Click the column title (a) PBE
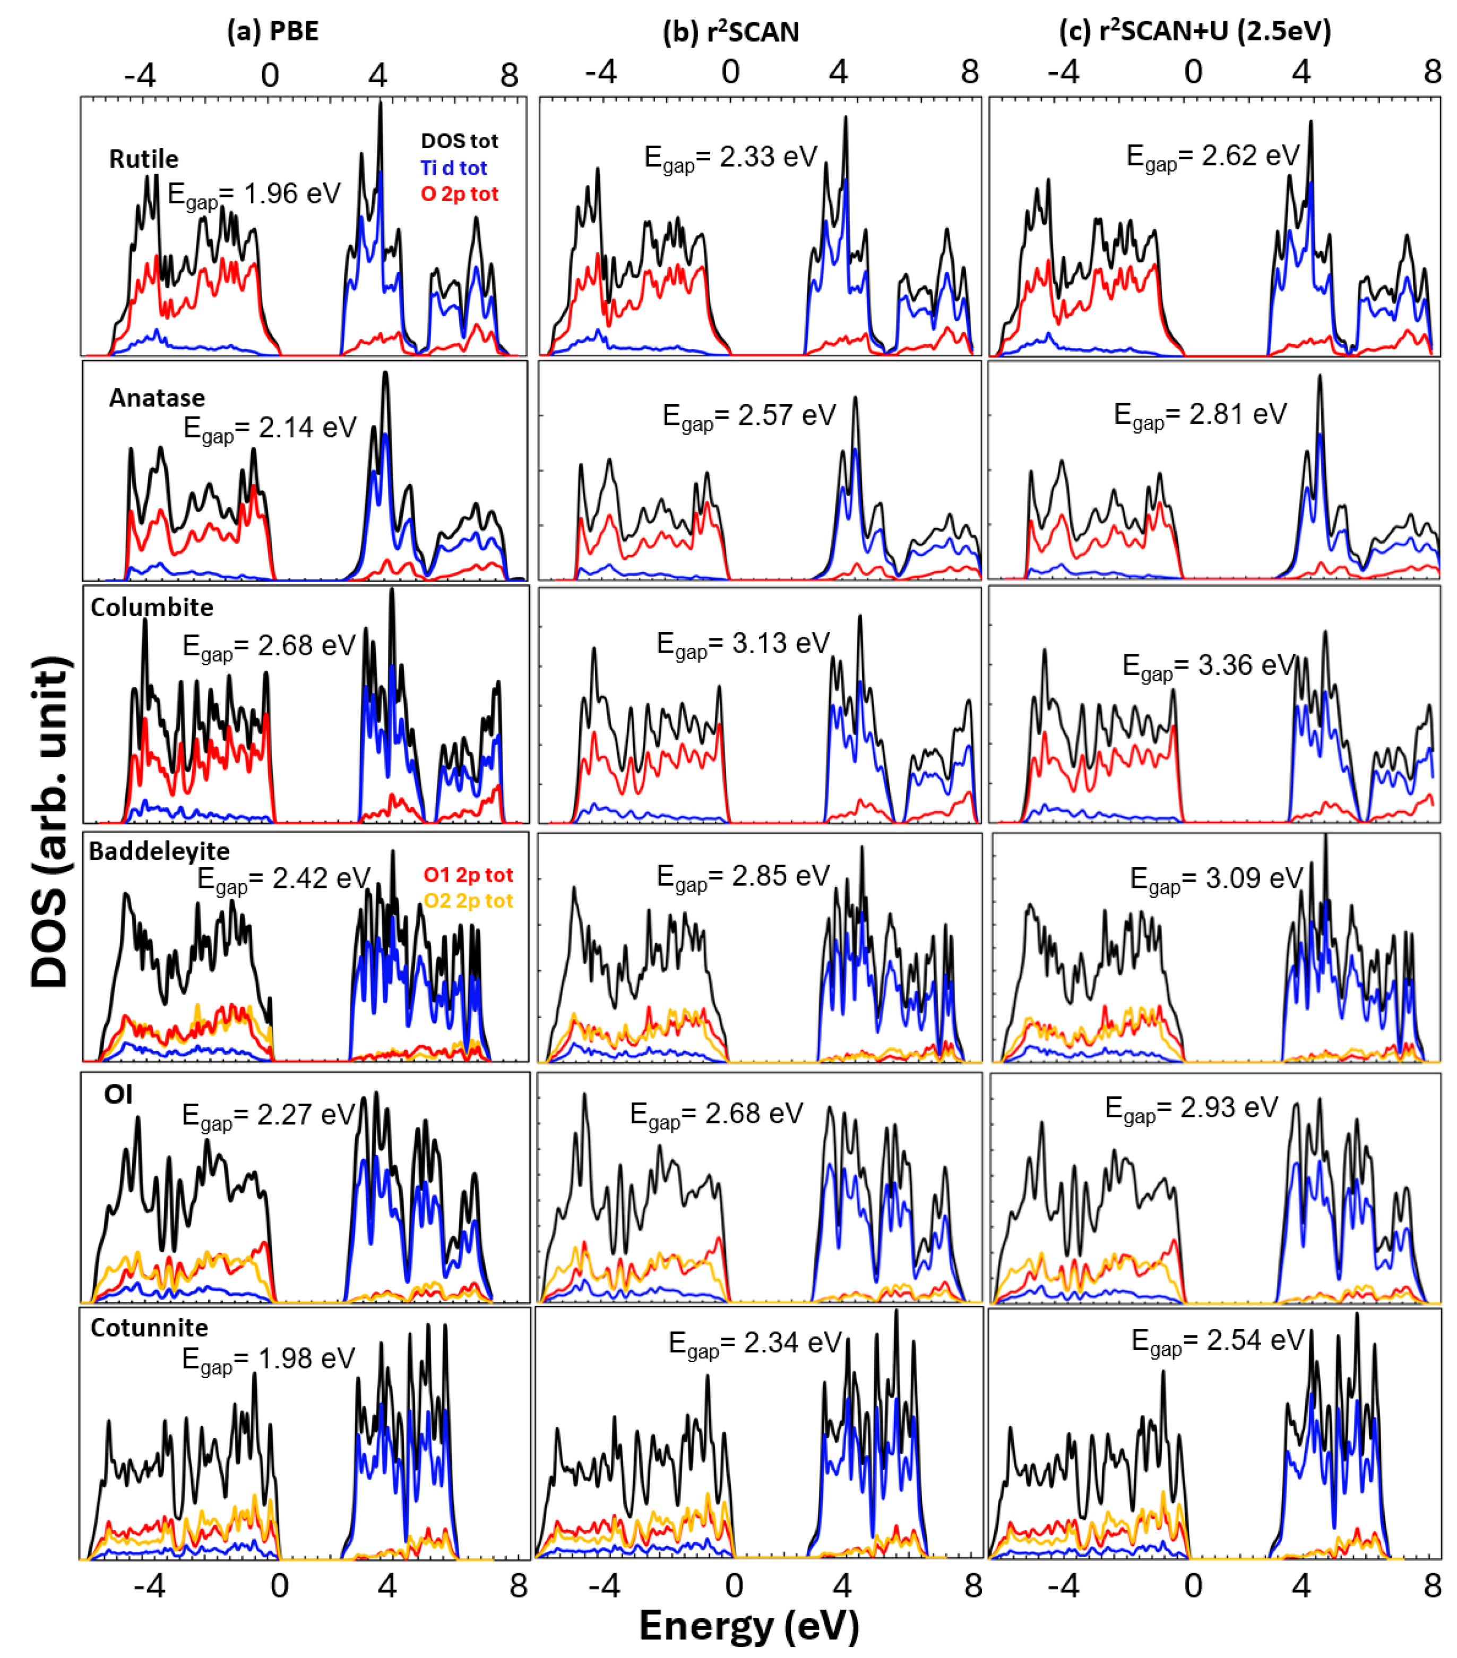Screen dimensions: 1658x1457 coord(272,31)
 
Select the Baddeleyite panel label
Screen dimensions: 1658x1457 coord(159,850)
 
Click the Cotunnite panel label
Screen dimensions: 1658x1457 coord(149,1327)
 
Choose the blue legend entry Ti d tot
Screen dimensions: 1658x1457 coord(453,168)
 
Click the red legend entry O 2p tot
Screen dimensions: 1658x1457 coord(459,194)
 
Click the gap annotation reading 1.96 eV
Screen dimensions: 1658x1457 coord(254,195)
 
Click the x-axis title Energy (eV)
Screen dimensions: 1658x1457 coord(748,1626)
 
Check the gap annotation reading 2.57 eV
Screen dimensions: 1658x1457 coord(748,416)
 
